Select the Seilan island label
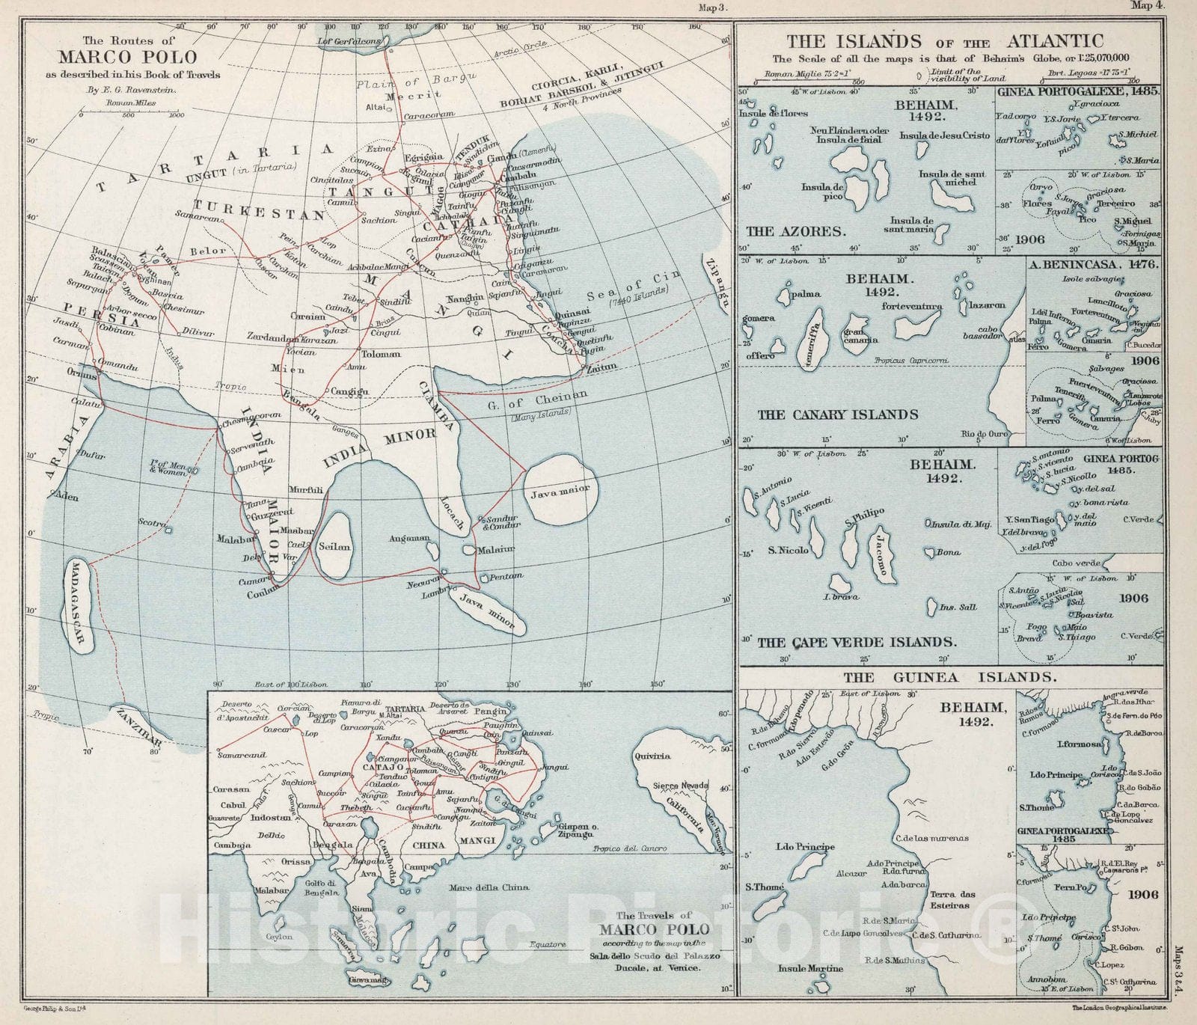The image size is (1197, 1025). pos(334,546)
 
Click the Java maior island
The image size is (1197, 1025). pos(560,492)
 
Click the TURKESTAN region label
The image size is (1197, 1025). pos(258,209)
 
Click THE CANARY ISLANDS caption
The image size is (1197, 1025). pos(837,414)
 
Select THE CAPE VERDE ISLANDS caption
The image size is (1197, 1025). pos(857,642)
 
